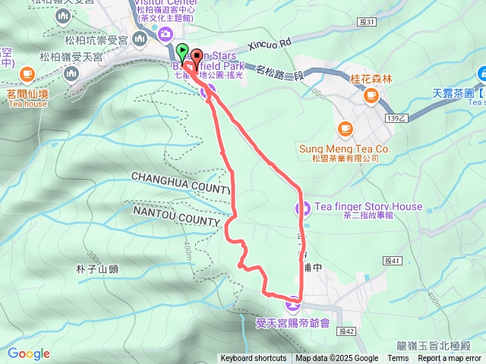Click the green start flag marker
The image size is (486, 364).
coord(182,52)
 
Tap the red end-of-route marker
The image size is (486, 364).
coord(196,56)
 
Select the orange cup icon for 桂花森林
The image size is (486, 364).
coord(371,95)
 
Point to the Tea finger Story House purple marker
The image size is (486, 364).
coord(301,207)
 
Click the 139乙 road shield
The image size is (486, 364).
coord(397,118)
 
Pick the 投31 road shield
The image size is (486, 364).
coord(366,23)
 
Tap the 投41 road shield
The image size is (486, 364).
coord(392,261)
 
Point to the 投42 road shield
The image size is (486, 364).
coord(349,331)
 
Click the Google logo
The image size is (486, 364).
coord(29,353)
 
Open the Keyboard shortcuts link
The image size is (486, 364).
coord(254,359)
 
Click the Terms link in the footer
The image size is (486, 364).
coord(398,359)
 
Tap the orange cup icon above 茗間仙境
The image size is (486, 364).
coord(28,74)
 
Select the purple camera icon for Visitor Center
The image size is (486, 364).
coord(165,33)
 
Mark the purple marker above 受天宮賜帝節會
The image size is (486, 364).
coord(293,306)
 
